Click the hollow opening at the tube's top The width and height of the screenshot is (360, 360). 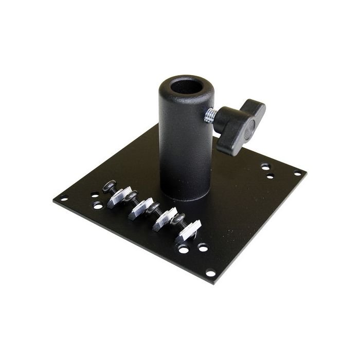187,86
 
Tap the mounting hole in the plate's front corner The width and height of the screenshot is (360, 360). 210,273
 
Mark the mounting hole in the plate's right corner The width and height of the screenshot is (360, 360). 297,173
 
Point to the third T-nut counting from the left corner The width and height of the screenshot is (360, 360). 166,219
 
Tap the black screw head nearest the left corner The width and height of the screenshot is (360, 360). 109,186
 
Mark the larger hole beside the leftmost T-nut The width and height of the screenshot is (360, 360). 98,205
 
